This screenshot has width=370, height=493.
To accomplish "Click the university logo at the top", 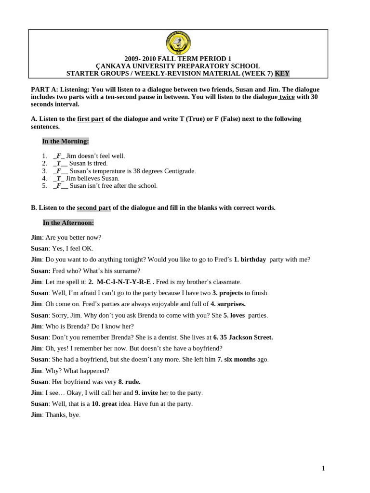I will (x=178, y=43).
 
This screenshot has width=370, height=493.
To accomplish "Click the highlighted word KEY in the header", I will (x=282, y=73).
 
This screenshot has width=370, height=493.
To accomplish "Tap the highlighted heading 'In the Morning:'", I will (x=66, y=141).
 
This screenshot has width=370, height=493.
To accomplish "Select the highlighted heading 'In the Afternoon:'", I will (x=68, y=222).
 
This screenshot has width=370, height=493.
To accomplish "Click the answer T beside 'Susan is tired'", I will (x=59, y=163).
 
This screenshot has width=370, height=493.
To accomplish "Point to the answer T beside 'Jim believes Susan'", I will (x=59, y=178).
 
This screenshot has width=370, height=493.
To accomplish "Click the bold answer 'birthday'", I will (x=253, y=259).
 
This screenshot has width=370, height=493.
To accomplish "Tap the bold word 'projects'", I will (x=231, y=293).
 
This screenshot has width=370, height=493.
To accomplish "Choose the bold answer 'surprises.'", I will (x=231, y=304).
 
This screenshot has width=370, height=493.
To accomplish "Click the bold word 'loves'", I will (x=238, y=315).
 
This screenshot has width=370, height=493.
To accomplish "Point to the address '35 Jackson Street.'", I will (x=247, y=337).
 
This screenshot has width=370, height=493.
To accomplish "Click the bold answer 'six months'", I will (x=240, y=360).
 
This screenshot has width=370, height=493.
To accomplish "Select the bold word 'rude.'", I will (x=132, y=382).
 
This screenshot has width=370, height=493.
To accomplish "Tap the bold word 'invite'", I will (x=150, y=393).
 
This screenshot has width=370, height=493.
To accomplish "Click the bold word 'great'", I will (x=109, y=404).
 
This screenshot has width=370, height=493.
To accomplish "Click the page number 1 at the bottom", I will (x=323, y=468).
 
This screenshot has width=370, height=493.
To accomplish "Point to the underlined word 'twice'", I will (x=287, y=97).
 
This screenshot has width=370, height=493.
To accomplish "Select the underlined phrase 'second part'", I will (x=94, y=208).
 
